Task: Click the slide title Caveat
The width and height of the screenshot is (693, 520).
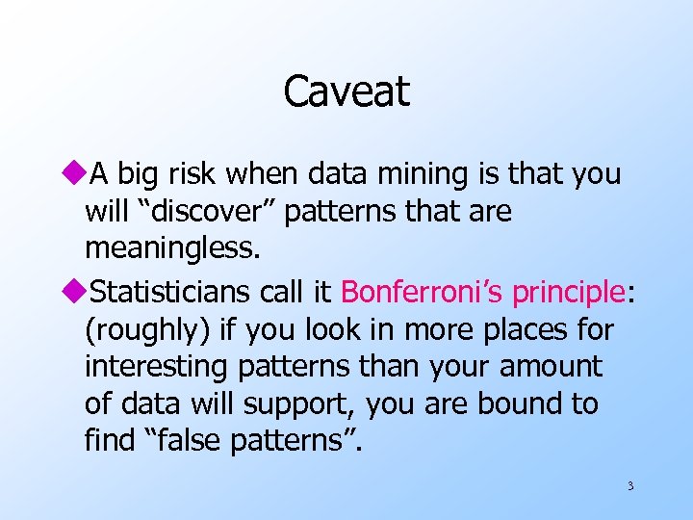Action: pyautogui.click(x=346, y=91)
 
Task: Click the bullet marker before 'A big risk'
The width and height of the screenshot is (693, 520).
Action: pyautogui.click(x=77, y=174)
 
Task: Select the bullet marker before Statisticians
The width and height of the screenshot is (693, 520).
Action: pyautogui.click(x=77, y=291)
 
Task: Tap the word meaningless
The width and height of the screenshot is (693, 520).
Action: pyautogui.click(x=172, y=250)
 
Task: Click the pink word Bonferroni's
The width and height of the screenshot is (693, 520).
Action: pyautogui.click(x=423, y=291)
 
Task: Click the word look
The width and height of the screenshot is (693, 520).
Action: pyautogui.click(x=299, y=329)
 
